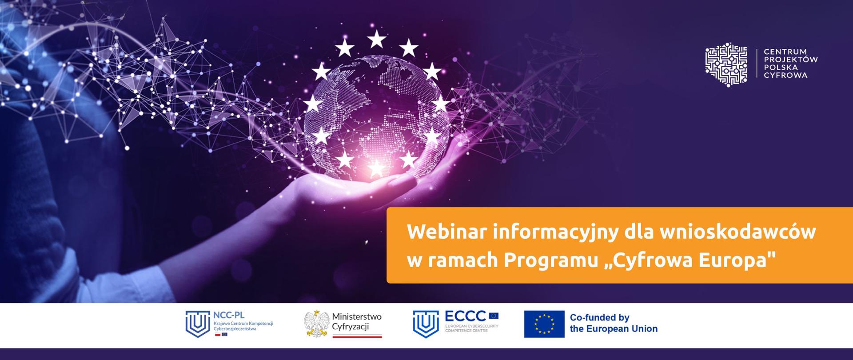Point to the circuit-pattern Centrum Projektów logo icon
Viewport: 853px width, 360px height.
[x=726, y=64]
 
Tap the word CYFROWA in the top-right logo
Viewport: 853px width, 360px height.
[x=785, y=76]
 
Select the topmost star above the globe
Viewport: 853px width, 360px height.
[x=377, y=40]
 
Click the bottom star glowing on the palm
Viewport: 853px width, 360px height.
[x=377, y=168]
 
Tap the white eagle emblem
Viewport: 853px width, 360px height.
[x=316, y=324]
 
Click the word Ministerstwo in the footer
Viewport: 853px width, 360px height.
[x=357, y=317]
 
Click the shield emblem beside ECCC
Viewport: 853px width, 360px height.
[x=426, y=324]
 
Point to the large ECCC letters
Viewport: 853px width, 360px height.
[x=465, y=316]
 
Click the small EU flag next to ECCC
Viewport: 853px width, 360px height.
[x=494, y=316]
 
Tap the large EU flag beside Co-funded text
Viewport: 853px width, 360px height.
[x=544, y=324]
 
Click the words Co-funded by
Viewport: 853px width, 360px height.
[x=600, y=317]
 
